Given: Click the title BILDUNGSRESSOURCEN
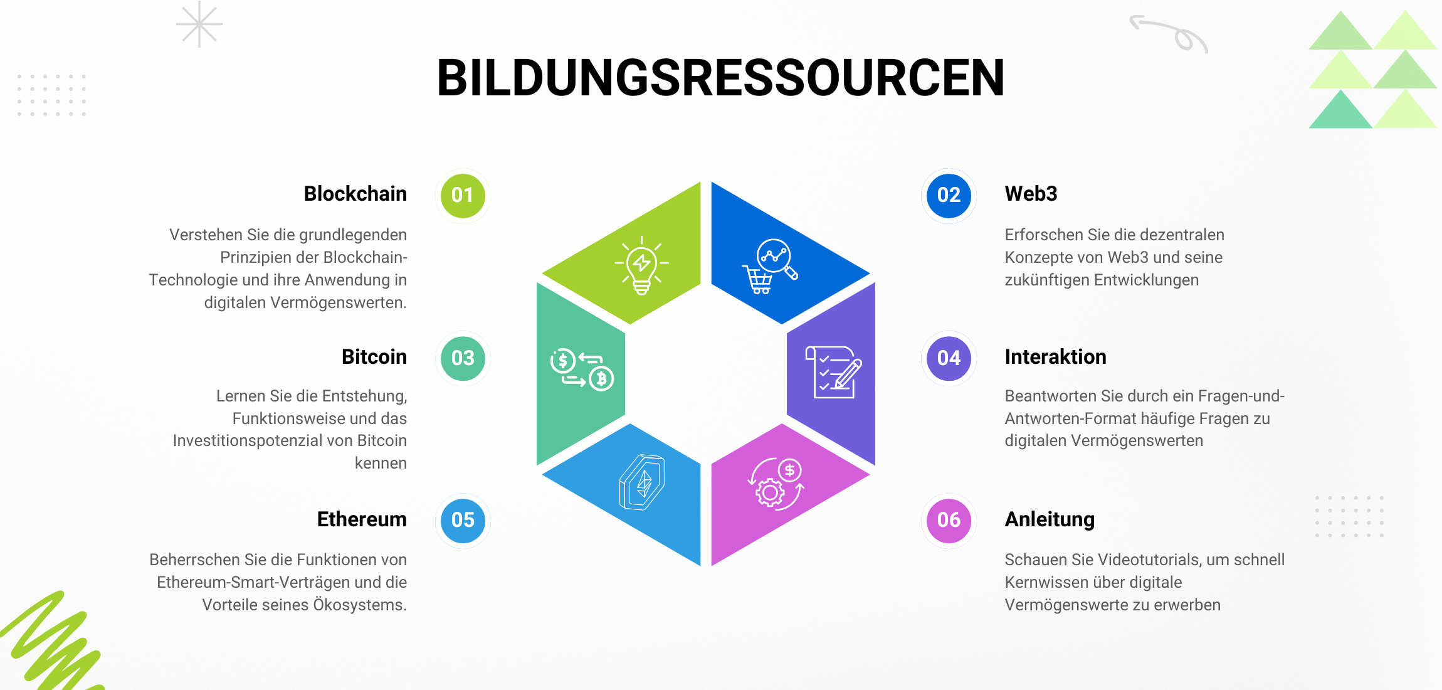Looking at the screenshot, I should point(720,78).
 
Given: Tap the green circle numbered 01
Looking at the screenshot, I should point(463,195).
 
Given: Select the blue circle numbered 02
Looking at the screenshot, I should point(949,195).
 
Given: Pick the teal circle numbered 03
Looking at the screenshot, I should point(463,358).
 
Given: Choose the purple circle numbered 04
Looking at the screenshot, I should point(949,358).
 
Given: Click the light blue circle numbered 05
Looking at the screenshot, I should point(463,520).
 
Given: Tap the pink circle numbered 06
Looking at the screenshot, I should point(949,520).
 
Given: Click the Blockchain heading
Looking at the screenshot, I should point(355,194).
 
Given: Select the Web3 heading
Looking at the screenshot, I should point(1031,194).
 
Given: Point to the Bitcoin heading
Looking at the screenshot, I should point(374,357).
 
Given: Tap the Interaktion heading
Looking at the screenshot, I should point(1055,357).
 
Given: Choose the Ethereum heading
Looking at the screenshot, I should point(362,519).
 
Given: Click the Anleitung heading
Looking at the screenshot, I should point(1050,519).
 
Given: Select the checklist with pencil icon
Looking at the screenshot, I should point(833,372).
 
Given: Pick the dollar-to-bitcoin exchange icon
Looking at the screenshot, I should point(581,369).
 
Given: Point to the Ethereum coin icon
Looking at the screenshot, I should point(642,482).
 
